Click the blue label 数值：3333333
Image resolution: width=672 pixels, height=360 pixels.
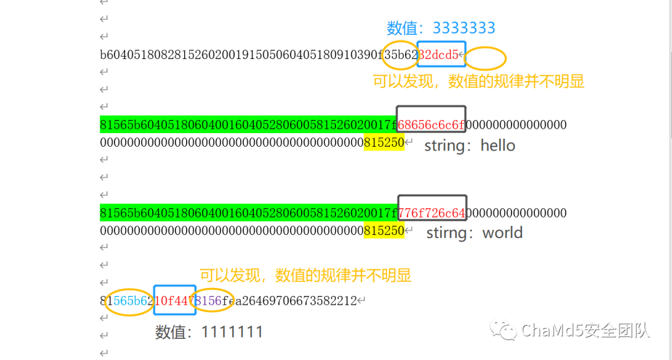click(441, 28)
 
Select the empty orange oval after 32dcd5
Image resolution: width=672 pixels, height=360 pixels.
click(485, 58)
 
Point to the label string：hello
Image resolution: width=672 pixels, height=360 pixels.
click(470, 146)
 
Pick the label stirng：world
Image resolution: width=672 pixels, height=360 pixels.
click(474, 233)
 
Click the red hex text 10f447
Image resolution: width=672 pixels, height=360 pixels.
click(173, 301)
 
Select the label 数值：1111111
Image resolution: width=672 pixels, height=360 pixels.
click(209, 333)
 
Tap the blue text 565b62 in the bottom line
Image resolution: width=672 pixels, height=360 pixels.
click(132, 301)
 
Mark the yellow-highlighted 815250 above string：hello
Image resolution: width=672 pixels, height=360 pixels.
click(384, 143)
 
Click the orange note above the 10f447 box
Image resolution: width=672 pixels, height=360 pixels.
click(306, 275)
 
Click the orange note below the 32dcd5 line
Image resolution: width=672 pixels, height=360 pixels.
click(478, 81)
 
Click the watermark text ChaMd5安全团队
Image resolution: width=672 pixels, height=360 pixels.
click(586, 330)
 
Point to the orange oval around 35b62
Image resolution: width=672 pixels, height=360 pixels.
click(400, 55)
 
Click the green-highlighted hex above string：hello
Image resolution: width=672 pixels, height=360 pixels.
click(248, 125)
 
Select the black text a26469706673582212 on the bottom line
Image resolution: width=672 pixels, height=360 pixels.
click(298, 301)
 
